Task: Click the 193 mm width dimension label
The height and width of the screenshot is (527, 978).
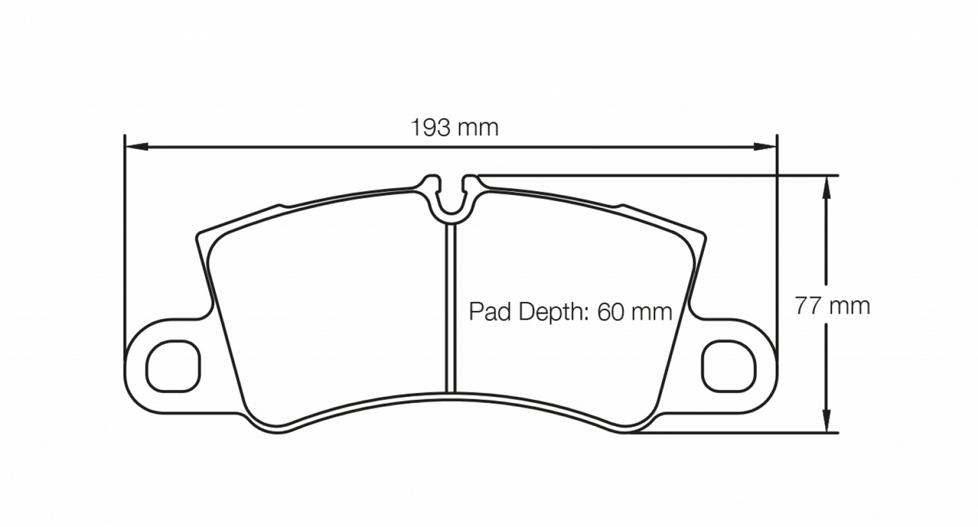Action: tap(454, 127)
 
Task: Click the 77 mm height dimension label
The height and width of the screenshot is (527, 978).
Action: tap(832, 306)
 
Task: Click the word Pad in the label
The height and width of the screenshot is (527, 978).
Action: tap(486, 312)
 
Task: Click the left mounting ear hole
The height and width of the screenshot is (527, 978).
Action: tap(174, 366)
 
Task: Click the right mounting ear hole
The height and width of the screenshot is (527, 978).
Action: tap(728, 366)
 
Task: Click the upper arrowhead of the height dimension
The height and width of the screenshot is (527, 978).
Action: tap(826, 186)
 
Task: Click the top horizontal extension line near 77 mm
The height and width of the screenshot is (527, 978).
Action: tap(677, 175)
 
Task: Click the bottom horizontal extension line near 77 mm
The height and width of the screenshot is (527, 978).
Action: tap(744, 432)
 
